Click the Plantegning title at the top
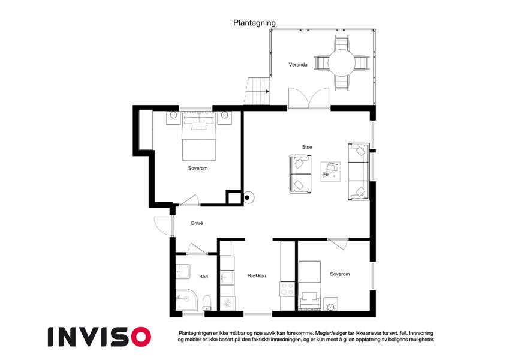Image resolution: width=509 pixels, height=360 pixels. (x=254, y=23)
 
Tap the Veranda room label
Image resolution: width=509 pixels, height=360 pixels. (x=298, y=65)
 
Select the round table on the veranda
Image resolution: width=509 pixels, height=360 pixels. (x=341, y=63)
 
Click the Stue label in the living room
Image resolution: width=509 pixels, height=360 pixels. (x=307, y=147)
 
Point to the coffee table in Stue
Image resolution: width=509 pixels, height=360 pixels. (x=330, y=171)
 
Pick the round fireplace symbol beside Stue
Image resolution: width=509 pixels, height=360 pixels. (x=248, y=197)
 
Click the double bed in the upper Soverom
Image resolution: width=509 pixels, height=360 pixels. (x=199, y=137)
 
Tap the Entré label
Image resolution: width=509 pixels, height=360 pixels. (x=197, y=223)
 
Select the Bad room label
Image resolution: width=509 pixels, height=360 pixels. (x=203, y=277)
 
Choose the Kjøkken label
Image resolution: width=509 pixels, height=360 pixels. (x=257, y=275)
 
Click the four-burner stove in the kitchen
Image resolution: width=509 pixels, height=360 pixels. (x=287, y=289)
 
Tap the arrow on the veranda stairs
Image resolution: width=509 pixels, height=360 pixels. (x=267, y=91)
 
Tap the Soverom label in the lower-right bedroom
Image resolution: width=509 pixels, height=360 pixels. (x=340, y=274)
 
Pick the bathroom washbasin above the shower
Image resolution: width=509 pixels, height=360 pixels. (x=183, y=271)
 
